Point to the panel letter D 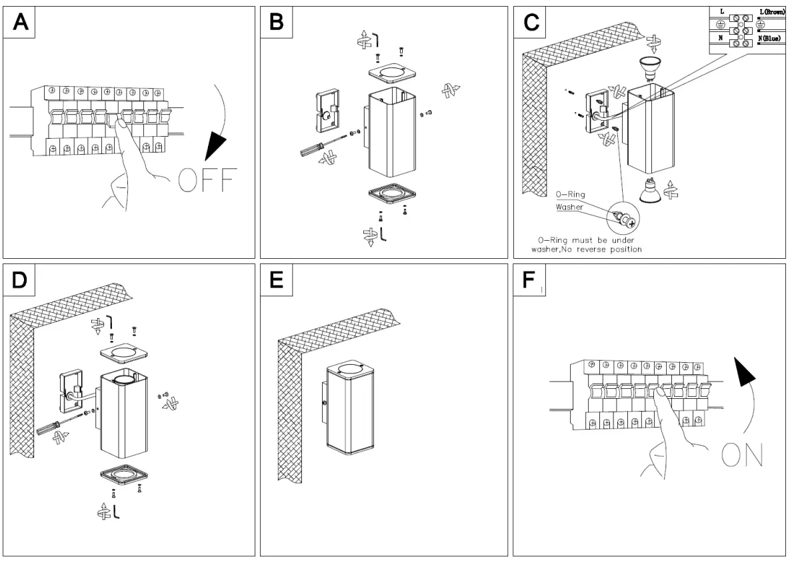(21, 280)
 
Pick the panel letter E (275, 280)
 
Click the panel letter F (528, 280)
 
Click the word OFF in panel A (207, 180)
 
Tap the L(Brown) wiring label (771, 12)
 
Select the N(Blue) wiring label (771, 39)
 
